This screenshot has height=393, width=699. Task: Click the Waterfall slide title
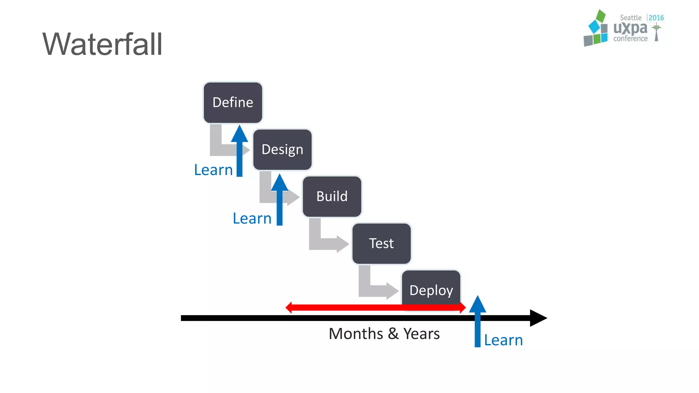102,44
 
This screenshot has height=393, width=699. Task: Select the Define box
233,102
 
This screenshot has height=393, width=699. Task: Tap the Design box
282,149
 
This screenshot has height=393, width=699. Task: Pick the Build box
332,196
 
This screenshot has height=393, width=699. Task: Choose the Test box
381,244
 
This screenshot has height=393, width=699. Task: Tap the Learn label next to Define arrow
213,170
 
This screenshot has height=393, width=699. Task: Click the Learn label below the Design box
252,218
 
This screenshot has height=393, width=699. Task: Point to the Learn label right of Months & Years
503,340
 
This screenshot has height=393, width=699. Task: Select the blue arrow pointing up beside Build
280,201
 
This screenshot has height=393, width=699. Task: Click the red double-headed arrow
375,307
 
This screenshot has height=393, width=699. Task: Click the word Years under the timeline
422,334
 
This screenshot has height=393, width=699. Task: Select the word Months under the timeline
356,334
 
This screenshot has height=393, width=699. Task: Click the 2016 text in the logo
656,18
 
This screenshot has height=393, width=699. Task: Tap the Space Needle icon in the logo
656,32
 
